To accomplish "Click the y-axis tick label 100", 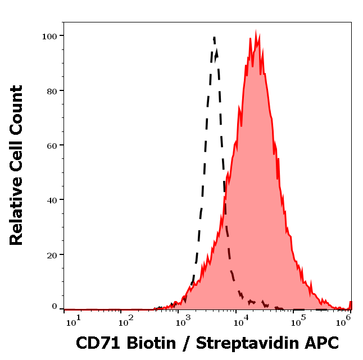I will point(49,36).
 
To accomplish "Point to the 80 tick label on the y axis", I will point(51,90).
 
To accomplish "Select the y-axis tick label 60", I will point(51,145).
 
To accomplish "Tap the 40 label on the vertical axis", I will point(51,199).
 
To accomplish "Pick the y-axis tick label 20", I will point(51,254).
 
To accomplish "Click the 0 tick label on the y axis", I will point(55,307).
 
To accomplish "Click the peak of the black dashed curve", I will point(214,38).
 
